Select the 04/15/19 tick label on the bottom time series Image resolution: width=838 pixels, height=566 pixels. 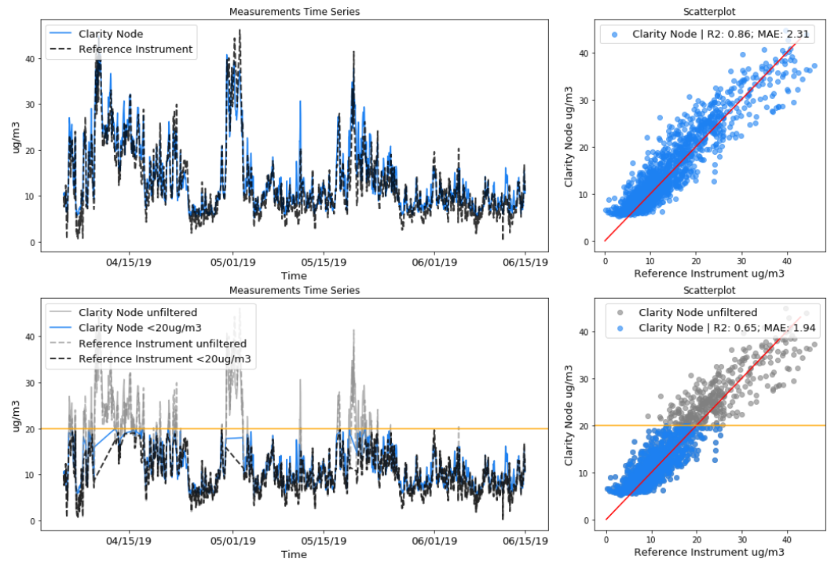pos(129,541)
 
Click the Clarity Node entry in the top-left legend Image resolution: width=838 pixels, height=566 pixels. pos(110,35)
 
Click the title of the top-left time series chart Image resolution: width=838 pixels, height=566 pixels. pos(294,12)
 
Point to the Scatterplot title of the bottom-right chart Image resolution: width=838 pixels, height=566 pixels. pos(715,290)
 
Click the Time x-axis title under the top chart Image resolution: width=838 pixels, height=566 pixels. pos(294,276)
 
